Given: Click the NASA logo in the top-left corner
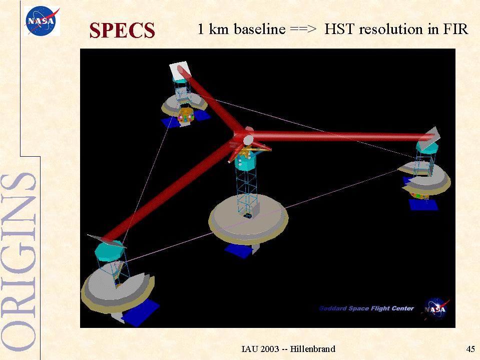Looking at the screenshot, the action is pos(42,21).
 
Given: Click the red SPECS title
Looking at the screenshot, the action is pos(122,31).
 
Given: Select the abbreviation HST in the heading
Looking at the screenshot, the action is pos(340,29).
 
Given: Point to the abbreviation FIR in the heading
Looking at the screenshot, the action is pos(455,29).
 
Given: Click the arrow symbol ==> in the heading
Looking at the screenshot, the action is pos(303,30).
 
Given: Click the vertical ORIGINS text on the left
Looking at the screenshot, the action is pos(19,262).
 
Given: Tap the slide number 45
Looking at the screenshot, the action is pos(470,348).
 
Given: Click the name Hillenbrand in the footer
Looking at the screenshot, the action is pos(312,348).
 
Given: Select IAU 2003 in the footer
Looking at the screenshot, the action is pos(260,348).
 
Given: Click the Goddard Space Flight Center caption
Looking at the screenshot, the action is pos(366,308).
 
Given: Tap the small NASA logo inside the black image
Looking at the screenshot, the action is pos(436,309).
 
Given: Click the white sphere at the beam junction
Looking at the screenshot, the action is pos(248,140).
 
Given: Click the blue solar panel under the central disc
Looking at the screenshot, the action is pos(239,250).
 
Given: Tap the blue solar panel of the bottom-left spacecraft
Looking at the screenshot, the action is pos(140,312).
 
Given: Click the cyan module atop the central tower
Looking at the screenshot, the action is pos(246,162).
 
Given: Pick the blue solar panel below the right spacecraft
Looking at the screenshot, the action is pos(423,204).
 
